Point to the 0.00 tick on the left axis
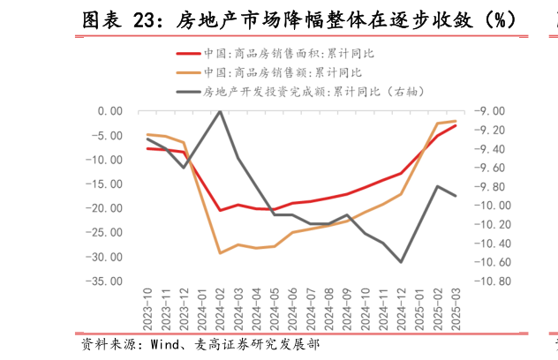pyautogui.click(x=110, y=111)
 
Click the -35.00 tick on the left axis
pyautogui.click(x=107, y=281)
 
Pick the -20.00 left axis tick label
pyautogui.click(x=107, y=208)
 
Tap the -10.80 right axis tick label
pyautogui.click(x=491, y=281)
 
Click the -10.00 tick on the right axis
pyautogui.click(x=491, y=206)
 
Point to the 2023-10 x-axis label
pyautogui.click(x=147, y=308)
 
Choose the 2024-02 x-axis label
pyautogui.click(x=220, y=308)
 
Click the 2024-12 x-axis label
pyautogui.click(x=402, y=308)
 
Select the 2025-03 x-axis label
pyautogui.click(x=456, y=308)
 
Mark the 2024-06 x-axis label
pyautogui.click(x=292, y=308)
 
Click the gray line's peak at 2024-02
pyautogui.click(x=220, y=111)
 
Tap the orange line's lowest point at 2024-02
pyautogui.click(x=220, y=253)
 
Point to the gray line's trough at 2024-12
pyautogui.click(x=402, y=262)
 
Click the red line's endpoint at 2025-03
pyautogui.click(x=456, y=125)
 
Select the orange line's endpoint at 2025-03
pyautogui.click(x=456, y=121)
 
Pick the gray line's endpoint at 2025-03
pyautogui.click(x=456, y=196)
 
